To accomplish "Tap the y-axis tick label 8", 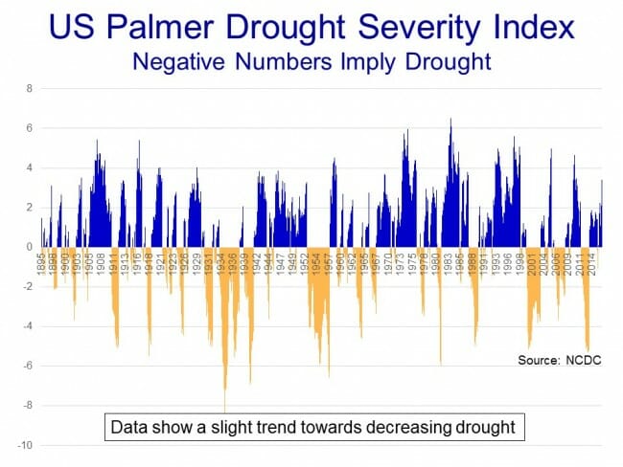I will pyautogui.click(x=29, y=88).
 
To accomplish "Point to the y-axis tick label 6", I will pyautogui.click(x=29, y=128).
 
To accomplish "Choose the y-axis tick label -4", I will pyautogui.click(x=26, y=326).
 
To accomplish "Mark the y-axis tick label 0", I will pyautogui.click(x=29, y=247).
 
